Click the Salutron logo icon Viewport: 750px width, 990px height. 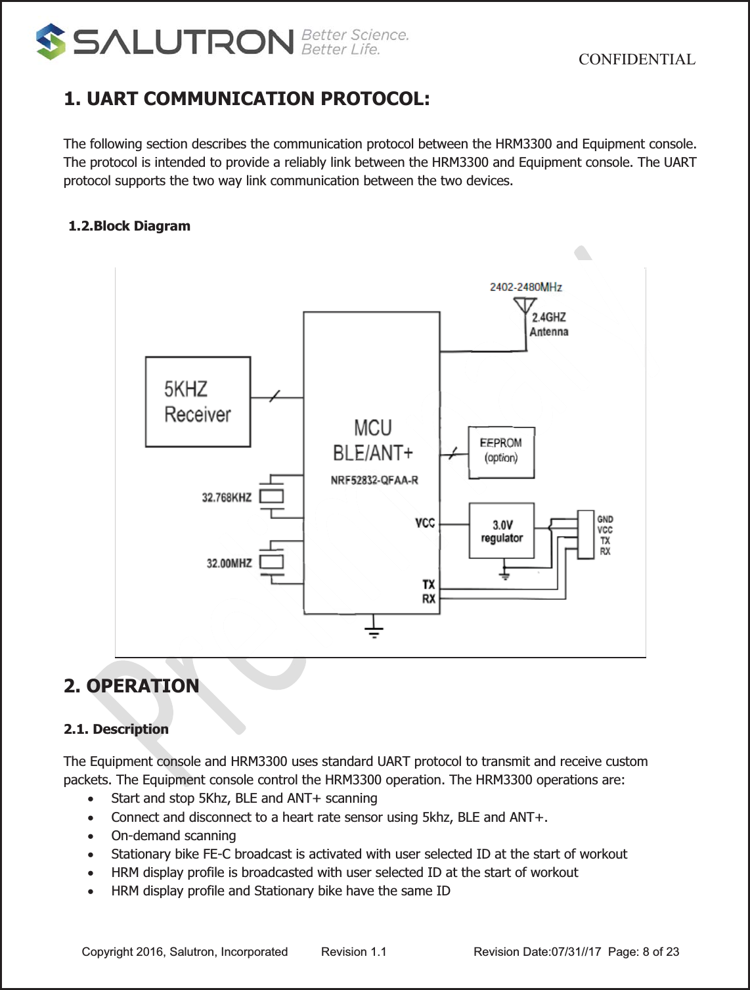pyautogui.click(x=51, y=41)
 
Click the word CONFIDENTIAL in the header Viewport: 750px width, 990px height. pyautogui.click(x=636, y=60)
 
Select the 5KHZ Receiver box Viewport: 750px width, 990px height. pyautogui.click(x=198, y=401)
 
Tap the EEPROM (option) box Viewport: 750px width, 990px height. pyautogui.click(x=501, y=451)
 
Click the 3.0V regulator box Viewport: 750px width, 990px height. pyautogui.click(x=502, y=531)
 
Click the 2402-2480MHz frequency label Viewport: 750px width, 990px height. pyautogui.click(x=525, y=287)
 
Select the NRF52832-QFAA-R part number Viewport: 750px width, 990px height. pyautogui.click(x=374, y=480)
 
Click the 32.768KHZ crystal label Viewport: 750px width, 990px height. pyautogui.click(x=227, y=497)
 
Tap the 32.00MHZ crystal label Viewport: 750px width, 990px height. pyautogui.click(x=229, y=563)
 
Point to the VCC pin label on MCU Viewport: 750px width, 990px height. pyautogui.click(x=425, y=523)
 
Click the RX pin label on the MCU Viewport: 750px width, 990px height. pyautogui.click(x=428, y=599)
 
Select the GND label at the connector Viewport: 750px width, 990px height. pyautogui.click(x=605, y=519)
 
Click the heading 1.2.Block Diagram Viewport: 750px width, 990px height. pyautogui.click(x=129, y=226)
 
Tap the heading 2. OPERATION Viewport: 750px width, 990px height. pyautogui.click(x=131, y=686)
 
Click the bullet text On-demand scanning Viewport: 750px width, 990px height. pyautogui.click(x=173, y=836)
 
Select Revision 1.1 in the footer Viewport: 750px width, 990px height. pyautogui.click(x=353, y=952)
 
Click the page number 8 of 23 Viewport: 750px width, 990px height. pyautogui.click(x=661, y=952)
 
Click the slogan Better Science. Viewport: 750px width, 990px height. pyautogui.click(x=355, y=35)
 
